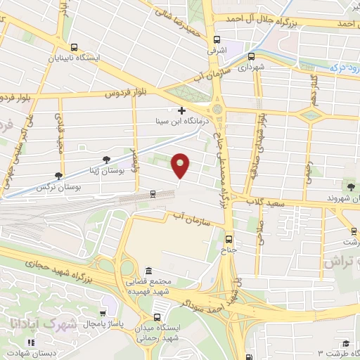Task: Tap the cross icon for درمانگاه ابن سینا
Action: coord(182,110)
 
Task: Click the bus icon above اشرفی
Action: coord(216,39)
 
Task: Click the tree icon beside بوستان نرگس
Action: coord(58,176)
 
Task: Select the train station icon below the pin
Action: coord(153,193)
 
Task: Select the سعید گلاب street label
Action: coord(264,202)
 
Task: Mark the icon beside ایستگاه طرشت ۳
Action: coord(345,344)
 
